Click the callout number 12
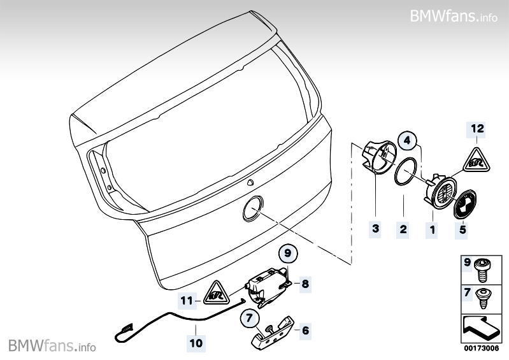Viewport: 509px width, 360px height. click(477, 129)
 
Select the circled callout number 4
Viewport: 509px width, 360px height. click(408, 141)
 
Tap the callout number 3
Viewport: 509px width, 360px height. click(376, 229)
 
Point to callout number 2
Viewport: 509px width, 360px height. click(403, 229)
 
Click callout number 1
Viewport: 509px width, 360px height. click(432, 230)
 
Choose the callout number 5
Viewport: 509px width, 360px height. click(462, 230)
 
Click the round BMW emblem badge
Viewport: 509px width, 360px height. click(465, 205)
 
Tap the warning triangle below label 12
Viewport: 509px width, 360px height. click(477, 160)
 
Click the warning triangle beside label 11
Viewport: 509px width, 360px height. click(216, 292)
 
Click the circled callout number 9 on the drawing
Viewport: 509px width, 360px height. click(288, 253)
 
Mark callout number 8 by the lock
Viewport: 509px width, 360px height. click(305, 284)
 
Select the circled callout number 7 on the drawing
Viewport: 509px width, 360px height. click(249, 317)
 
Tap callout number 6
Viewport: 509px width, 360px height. click(306, 331)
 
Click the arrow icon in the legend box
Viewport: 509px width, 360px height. click(480, 328)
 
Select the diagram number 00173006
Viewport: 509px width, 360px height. click(481, 349)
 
